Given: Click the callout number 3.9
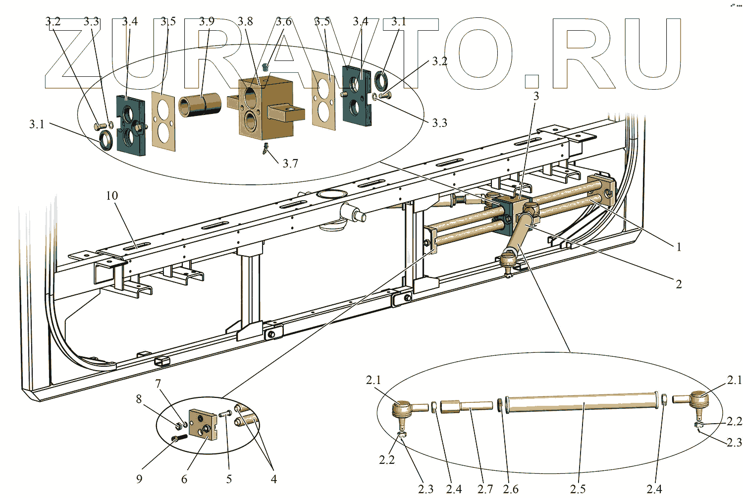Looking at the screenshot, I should click(x=207, y=21).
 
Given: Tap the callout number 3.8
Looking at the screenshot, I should click(x=245, y=21).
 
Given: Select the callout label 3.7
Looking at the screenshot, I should click(x=290, y=164).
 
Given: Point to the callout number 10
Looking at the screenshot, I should click(x=112, y=196).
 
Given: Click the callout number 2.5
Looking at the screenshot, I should click(x=578, y=489).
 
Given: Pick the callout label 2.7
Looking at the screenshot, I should click(x=485, y=489).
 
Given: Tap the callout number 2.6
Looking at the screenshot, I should click(x=511, y=489).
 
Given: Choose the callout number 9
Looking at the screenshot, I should click(x=139, y=479).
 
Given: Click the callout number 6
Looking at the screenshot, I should click(x=184, y=479).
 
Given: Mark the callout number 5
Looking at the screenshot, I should click(x=229, y=479).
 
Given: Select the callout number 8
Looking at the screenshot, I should click(x=139, y=399).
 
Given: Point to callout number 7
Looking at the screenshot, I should click(x=158, y=384).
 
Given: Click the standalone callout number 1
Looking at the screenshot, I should click(x=679, y=247).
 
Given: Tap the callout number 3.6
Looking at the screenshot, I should click(x=283, y=21).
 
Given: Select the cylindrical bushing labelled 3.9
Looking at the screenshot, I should click(x=200, y=105).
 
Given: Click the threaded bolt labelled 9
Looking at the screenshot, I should click(x=179, y=438).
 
